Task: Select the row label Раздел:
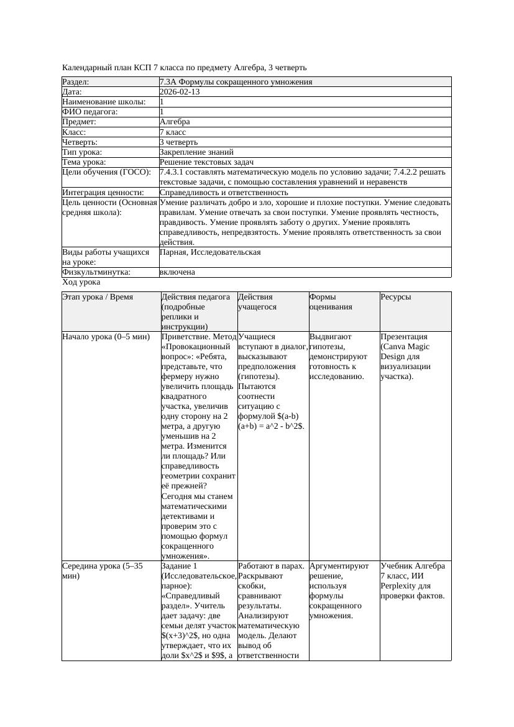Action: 76,82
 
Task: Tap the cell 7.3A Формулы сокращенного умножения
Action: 236,82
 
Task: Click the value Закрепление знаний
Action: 196,152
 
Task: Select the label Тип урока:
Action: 82,152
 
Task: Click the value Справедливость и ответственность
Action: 223,193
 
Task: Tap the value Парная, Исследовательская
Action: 210,252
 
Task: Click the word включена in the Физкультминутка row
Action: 177,272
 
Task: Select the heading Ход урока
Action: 81,282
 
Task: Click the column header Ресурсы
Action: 395,297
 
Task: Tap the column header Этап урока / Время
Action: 98,297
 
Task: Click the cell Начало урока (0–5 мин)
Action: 106,337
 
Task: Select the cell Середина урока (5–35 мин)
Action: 103,571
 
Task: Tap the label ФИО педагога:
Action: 90,112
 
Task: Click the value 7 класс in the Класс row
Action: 173,132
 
